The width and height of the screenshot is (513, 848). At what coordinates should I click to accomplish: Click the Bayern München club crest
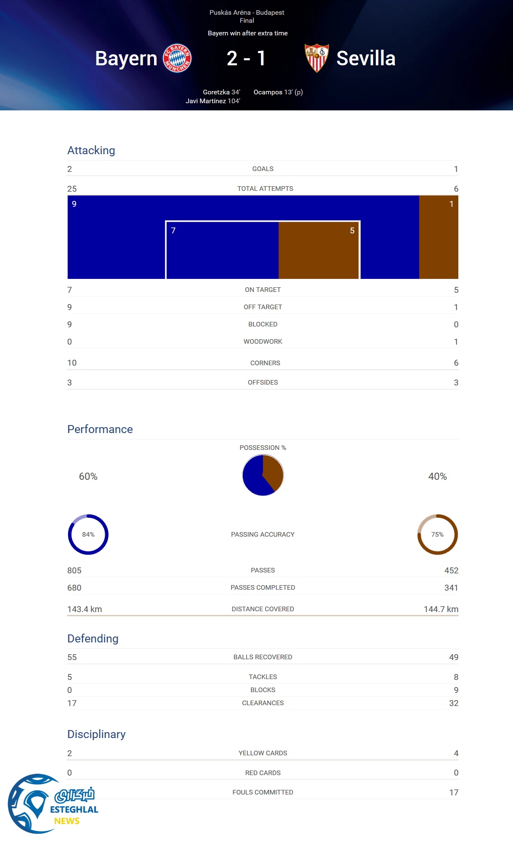pyautogui.click(x=177, y=58)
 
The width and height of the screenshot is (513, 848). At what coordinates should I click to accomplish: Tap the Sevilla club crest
pyautogui.click(x=317, y=58)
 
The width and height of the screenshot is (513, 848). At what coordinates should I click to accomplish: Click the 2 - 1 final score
pyautogui.click(x=246, y=58)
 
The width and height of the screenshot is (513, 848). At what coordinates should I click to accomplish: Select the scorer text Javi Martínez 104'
pyautogui.click(x=213, y=101)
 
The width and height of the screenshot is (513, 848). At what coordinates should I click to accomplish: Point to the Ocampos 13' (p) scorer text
pyautogui.click(x=278, y=92)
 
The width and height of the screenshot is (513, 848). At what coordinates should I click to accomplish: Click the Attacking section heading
pyautogui.click(x=91, y=150)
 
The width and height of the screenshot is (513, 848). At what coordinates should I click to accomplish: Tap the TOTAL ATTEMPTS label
pyautogui.click(x=265, y=189)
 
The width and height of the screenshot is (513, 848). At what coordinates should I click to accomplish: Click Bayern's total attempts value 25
pyautogui.click(x=72, y=189)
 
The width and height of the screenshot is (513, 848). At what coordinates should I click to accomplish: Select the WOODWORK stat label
pyautogui.click(x=263, y=342)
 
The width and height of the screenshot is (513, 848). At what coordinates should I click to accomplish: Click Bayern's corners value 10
pyautogui.click(x=72, y=363)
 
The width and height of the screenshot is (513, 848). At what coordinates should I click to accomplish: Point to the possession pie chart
pyautogui.click(x=263, y=475)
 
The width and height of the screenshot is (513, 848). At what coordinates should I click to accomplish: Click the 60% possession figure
pyautogui.click(x=88, y=476)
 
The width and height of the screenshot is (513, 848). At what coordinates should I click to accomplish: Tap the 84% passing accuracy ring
pyautogui.click(x=88, y=535)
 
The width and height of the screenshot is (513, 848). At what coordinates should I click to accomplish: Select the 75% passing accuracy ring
pyautogui.click(x=438, y=535)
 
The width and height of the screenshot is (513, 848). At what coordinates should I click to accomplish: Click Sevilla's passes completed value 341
pyautogui.click(x=451, y=588)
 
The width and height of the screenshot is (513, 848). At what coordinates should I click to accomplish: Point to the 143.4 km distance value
pyautogui.click(x=85, y=609)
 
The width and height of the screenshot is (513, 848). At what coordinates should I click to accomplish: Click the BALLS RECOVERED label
pyautogui.click(x=263, y=657)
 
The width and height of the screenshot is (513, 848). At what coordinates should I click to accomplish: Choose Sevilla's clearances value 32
pyautogui.click(x=454, y=703)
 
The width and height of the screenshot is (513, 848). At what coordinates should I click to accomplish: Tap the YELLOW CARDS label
pyautogui.click(x=263, y=753)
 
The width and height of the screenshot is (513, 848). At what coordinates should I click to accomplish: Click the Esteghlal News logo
pyautogui.click(x=53, y=804)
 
